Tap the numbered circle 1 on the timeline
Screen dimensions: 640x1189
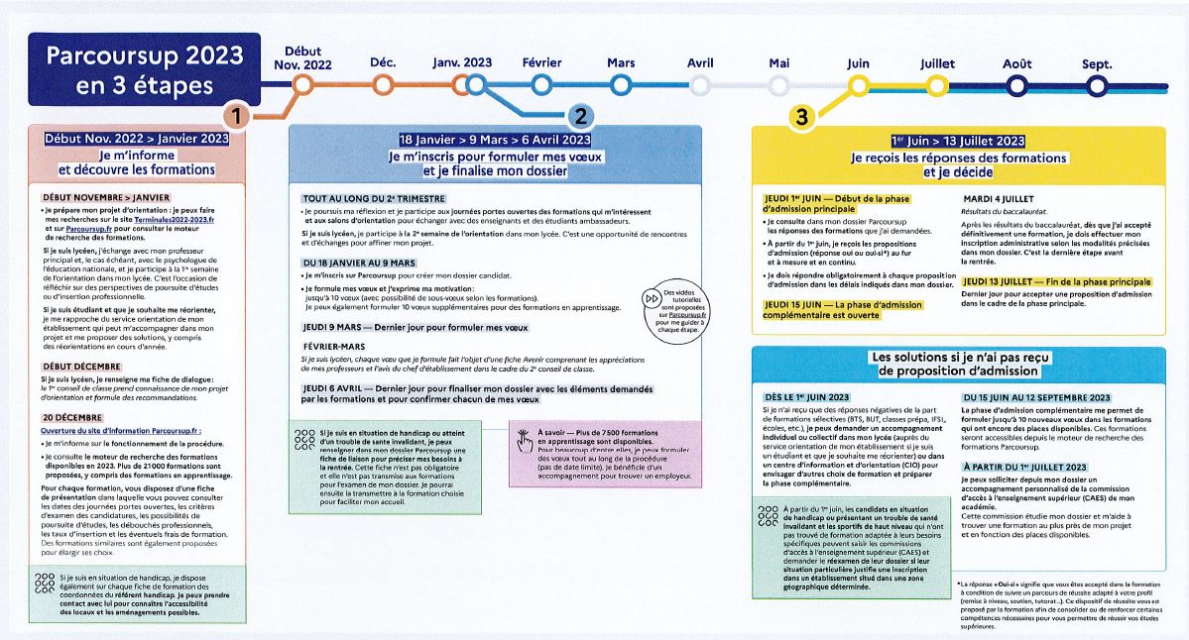coord(235,116)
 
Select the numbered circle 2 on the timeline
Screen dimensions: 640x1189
coord(581,116)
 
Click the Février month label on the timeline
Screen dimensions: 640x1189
coord(541,62)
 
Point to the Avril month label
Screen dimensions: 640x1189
coord(700,62)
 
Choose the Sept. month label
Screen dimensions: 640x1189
coord(1097,62)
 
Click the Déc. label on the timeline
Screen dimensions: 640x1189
coord(383,62)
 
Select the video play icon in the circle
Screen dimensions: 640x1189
coord(652,297)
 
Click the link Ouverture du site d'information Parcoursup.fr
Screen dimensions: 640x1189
coord(122,432)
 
